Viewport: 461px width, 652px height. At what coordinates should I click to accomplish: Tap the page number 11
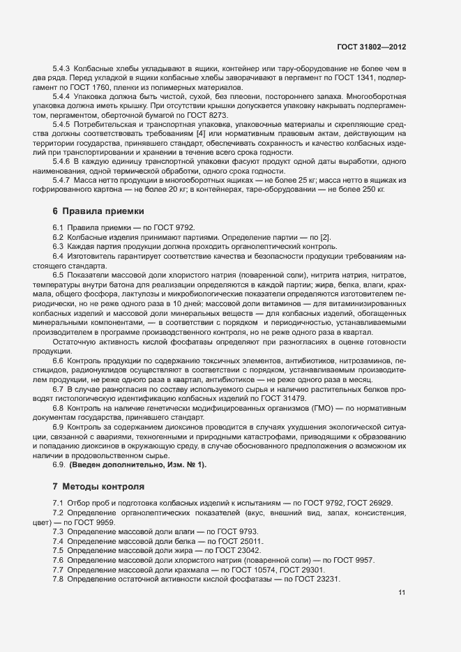(x=402, y=593)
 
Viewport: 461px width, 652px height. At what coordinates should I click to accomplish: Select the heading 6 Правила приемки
(x=98, y=211)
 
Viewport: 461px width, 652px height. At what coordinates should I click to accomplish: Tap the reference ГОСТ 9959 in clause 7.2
(x=96, y=522)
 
